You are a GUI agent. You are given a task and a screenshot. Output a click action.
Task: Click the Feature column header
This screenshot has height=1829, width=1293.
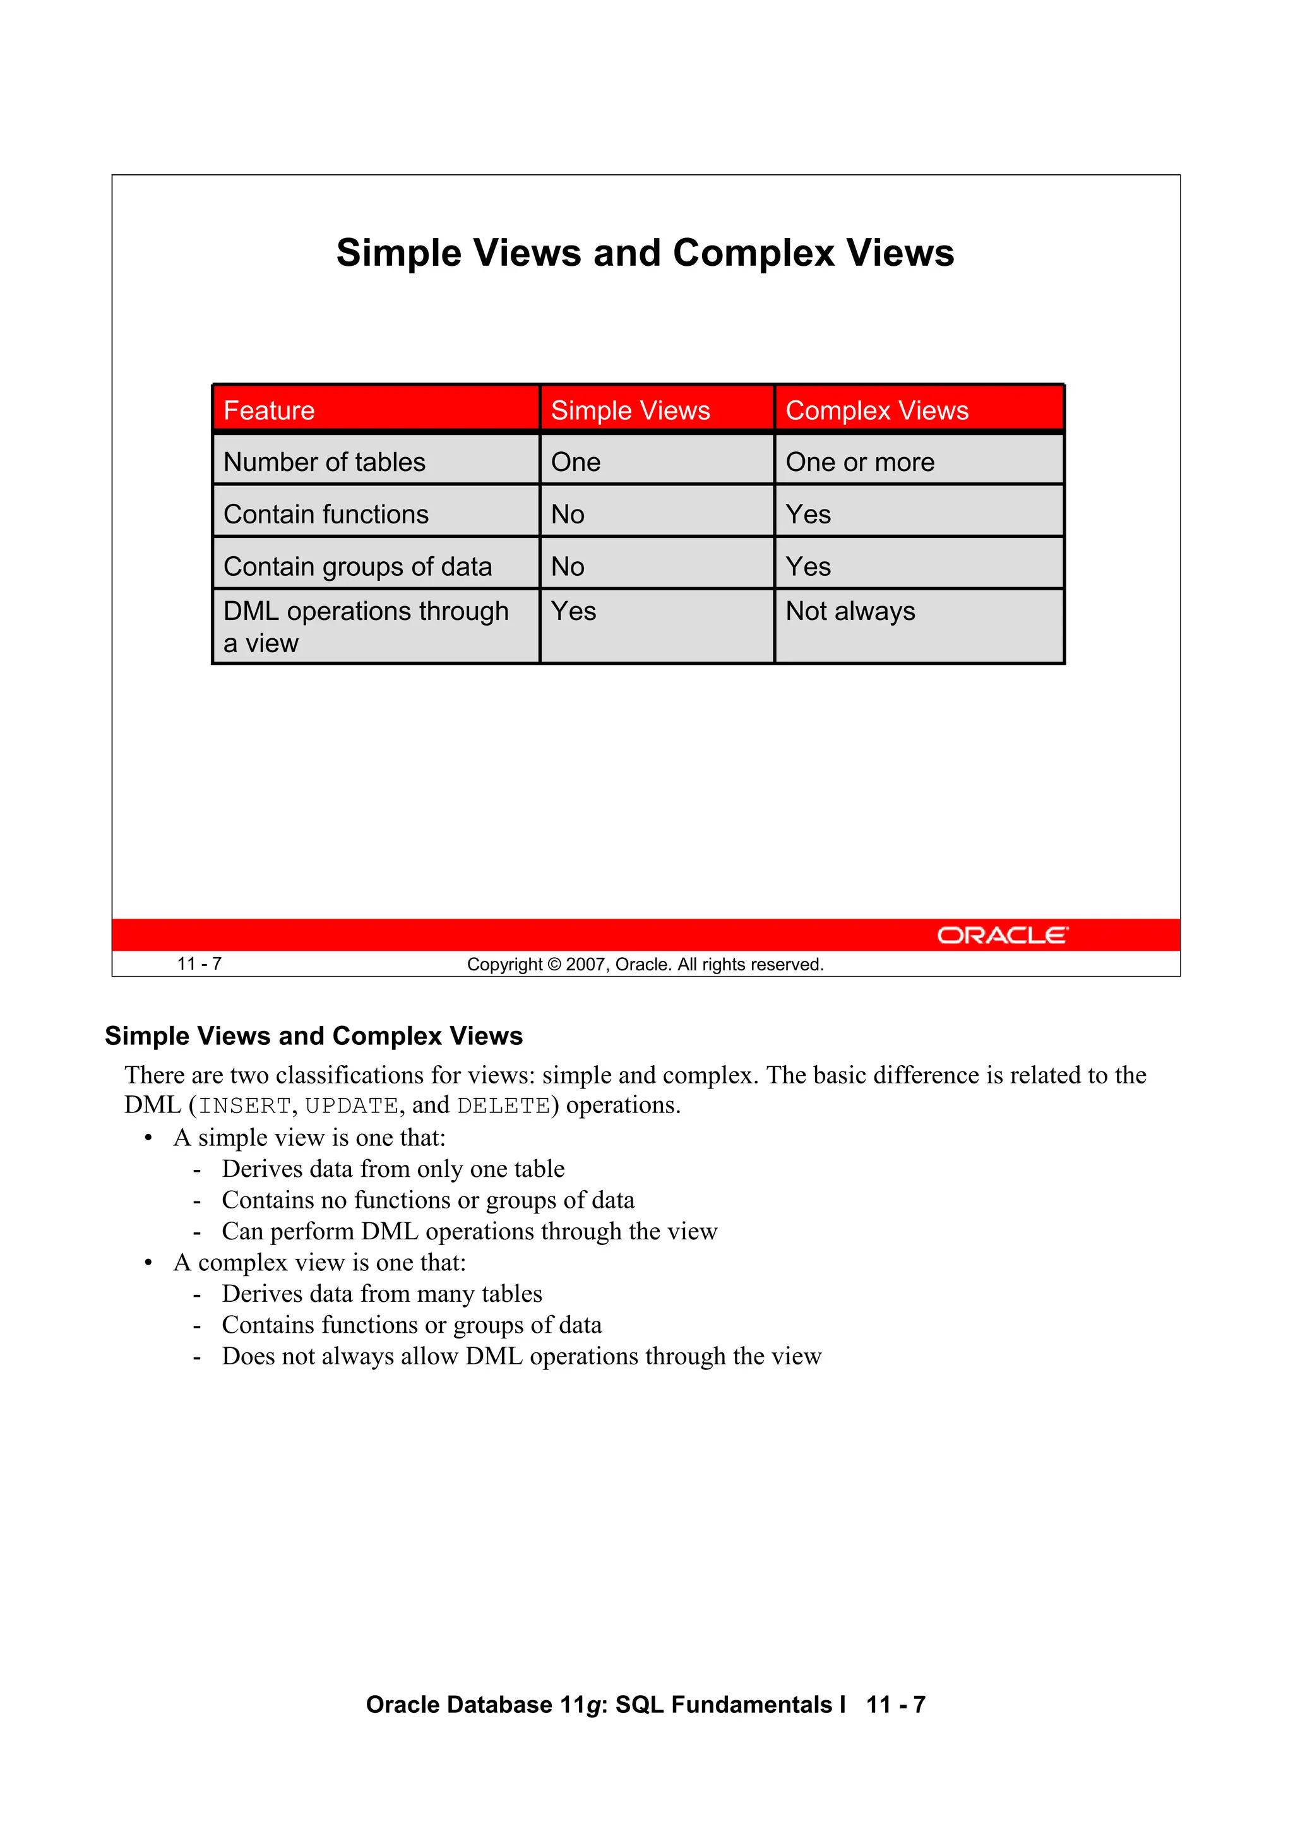tap(270, 410)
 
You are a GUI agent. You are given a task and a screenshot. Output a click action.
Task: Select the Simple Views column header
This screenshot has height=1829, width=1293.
tap(630, 410)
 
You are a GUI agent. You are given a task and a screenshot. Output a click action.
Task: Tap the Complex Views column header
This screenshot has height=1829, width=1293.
tap(876, 410)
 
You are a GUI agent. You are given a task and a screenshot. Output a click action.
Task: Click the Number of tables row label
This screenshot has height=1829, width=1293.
tap(325, 462)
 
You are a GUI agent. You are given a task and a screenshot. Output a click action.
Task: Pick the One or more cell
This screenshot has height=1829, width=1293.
tap(860, 462)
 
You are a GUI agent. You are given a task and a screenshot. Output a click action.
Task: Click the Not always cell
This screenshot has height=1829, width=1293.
tap(850, 611)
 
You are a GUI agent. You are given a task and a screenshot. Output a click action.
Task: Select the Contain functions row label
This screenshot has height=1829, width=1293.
tap(326, 515)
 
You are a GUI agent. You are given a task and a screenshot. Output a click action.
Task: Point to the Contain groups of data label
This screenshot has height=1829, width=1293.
tap(358, 566)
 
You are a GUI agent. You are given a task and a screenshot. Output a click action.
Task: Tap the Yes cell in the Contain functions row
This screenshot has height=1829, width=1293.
tap(808, 515)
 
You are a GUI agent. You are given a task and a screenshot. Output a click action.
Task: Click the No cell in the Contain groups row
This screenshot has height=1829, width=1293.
tap(567, 566)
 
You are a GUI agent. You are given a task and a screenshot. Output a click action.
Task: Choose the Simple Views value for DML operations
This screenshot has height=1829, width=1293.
tap(574, 611)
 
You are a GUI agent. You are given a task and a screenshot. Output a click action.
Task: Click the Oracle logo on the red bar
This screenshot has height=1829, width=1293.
tap(1002, 935)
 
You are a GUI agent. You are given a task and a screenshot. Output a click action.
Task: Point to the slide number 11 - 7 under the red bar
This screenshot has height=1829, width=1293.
tap(199, 964)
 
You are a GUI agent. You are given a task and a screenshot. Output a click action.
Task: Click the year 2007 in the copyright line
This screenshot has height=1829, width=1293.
tap(585, 965)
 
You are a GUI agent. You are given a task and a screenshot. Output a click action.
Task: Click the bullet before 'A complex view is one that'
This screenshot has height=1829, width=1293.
tap(148, 1263)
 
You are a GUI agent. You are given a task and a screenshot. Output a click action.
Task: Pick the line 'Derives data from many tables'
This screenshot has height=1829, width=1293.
tap(381, 1294)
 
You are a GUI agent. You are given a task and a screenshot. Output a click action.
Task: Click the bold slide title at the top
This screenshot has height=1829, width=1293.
tap(645, 253)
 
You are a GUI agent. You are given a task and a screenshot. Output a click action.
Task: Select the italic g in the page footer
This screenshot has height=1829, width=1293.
tap(593, 1705)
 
